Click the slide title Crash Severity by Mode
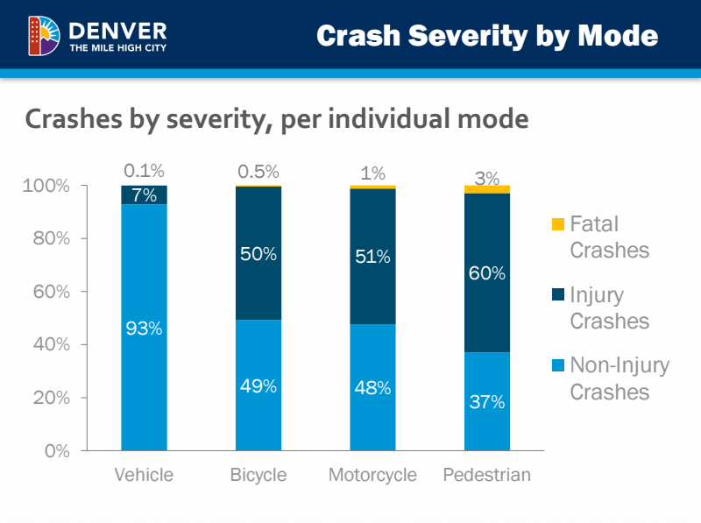coord(486,36)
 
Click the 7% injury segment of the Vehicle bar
coord(144,194)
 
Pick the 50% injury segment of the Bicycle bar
coord(258,253)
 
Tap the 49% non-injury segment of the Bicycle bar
coord(258,385)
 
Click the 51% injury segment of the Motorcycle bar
coord(372,256)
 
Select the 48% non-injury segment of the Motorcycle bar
coord(372,386)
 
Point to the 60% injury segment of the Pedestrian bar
coord(487,272)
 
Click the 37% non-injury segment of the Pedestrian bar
coord(487,401)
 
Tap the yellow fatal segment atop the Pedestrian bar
coord(487,189)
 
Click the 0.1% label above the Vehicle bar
coord(144,171)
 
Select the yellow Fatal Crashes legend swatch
coord(558,225)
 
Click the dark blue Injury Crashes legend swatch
coord(558,296)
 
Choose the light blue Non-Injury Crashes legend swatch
coord(558,365)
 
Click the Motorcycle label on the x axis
coord(372,476)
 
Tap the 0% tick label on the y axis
coord(57,450)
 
